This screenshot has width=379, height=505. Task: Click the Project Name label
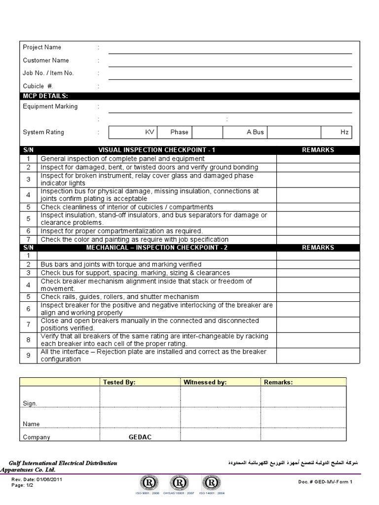pyautogui.click(x=42, y=47)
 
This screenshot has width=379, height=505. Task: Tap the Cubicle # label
pyautogui.click(x=38, y=86)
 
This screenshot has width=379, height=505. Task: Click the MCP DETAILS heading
pyautogui.click(x=46, y=96)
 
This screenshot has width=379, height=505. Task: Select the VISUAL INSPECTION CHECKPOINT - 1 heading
pyautogui.click(x=157, y=150)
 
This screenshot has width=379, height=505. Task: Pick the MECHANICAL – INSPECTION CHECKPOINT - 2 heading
pyautogui.click(x=157, y=248)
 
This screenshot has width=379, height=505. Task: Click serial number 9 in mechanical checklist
pyautogui.click(x=29, y=356)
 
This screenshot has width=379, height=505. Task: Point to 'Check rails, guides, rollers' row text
pyautogui.click(x=120, y=297)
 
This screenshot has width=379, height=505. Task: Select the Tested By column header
pyautogui.click(x=119, y=382)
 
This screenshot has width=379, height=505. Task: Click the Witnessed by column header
pyautogui.click(x=205, y=382)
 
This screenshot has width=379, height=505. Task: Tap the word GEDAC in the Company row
pyautogui.click(x=140, y=437)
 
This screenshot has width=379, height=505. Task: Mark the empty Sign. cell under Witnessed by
pyautogui.click(x=220, y=397)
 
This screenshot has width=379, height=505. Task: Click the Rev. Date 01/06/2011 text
pyautogui.click(x=37, y=479)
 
